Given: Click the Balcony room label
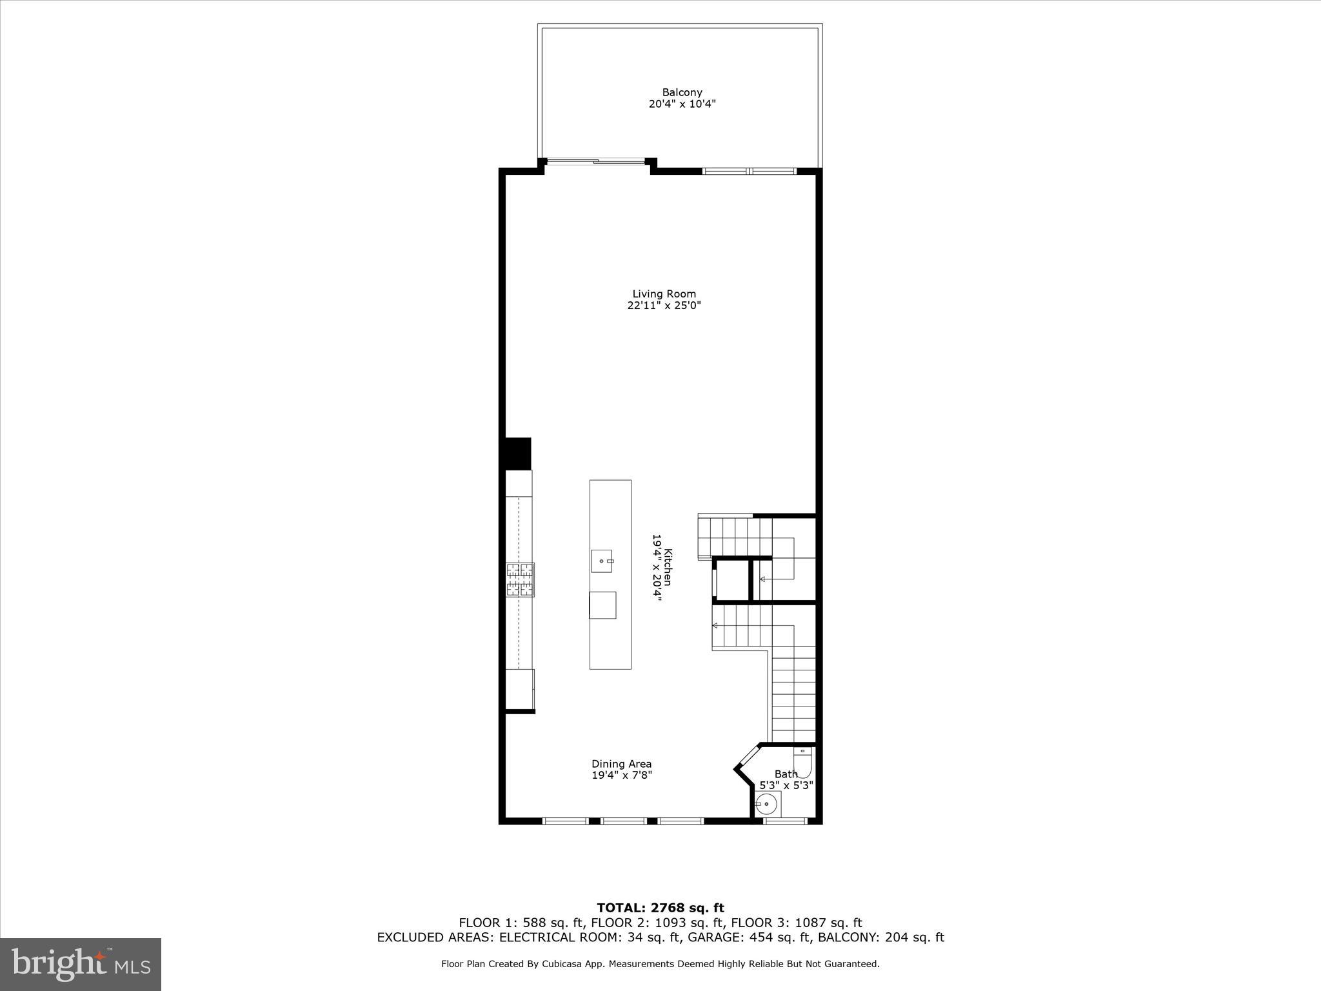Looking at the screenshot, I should tap(682, 92).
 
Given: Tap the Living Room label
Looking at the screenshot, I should tap(664, 294).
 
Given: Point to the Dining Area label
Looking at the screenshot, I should tap(621, 764).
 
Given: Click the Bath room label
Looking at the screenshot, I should tap(786, 774).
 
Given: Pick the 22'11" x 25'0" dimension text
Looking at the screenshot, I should tap(664, 306).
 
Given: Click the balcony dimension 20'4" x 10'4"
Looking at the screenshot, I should tap(682, 104).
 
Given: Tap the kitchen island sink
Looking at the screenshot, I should tap(602, 561).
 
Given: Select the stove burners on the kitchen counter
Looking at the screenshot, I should tap(520, 579).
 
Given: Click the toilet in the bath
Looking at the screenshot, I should tap(803, 762).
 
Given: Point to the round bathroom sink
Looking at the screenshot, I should tap(767, 804).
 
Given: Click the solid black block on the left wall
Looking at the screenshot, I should tap(518, 454).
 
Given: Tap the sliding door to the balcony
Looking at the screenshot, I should tap(596, 161).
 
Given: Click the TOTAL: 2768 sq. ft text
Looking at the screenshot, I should tap(660, 908).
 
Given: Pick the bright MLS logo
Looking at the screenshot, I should tap(81, 964).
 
